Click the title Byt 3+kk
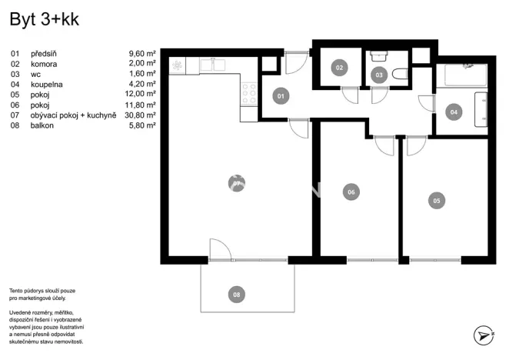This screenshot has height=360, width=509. pos(44,21)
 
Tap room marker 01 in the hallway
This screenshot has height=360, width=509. pos(281,96)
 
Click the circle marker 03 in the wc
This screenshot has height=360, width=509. pos(378,75)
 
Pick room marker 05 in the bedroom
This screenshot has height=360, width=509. pos(436,201)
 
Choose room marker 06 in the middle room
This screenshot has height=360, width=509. pos(351,192)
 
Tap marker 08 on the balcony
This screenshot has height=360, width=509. pos(237,294)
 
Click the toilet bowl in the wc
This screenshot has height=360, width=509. pos(398,75)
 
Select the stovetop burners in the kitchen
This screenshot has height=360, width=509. pos(249,94)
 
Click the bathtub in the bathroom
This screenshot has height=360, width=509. pos(461,75)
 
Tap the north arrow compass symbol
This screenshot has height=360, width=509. pos(482,335)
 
